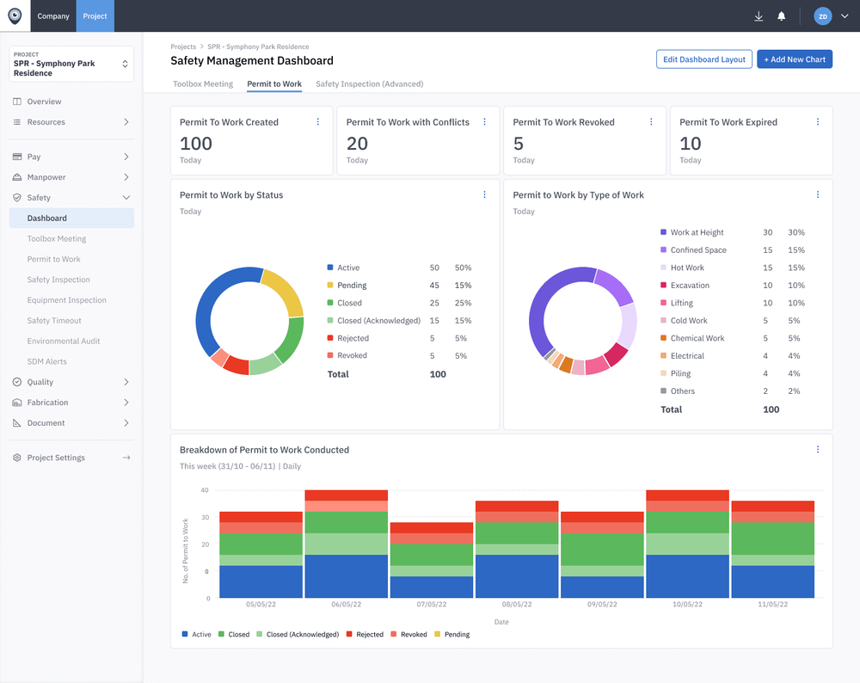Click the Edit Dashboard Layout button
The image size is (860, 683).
point(703,59)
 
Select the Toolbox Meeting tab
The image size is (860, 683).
point(203,84)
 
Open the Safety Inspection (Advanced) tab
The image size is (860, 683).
point(369,84)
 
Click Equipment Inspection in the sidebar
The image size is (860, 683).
point(66,300)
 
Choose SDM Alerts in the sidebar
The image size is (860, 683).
point(46,361)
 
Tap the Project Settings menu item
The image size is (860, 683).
point(56,458)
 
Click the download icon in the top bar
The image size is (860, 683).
point(759,15)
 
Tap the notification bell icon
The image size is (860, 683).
point(782,15)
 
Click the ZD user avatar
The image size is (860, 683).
point(823,15)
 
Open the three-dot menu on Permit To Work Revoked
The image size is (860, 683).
point(651,122)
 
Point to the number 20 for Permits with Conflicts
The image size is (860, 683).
point(357,144)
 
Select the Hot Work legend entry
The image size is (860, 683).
point(687,268)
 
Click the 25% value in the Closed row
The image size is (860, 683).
point(462,303)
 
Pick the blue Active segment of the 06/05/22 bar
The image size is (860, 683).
point(346,576)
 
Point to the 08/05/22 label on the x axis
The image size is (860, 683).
point(516,605)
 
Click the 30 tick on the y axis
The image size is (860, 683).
point(205,517)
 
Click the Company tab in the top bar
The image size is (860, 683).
point(53,15)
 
